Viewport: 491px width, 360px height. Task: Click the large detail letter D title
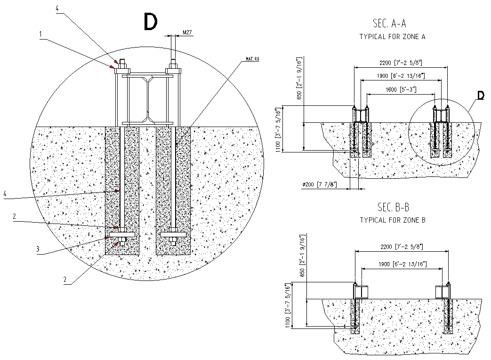coord(150,22)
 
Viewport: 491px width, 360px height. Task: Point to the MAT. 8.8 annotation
coord(252,59)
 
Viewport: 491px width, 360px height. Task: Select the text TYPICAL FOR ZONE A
coord(392,36)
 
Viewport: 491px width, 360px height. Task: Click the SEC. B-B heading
coord(393,207)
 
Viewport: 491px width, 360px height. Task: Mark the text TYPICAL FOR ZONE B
coord(393,220)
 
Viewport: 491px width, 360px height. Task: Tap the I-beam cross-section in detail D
coord(148,98)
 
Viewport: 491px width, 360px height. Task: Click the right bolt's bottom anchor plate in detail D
coord(173,234)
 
